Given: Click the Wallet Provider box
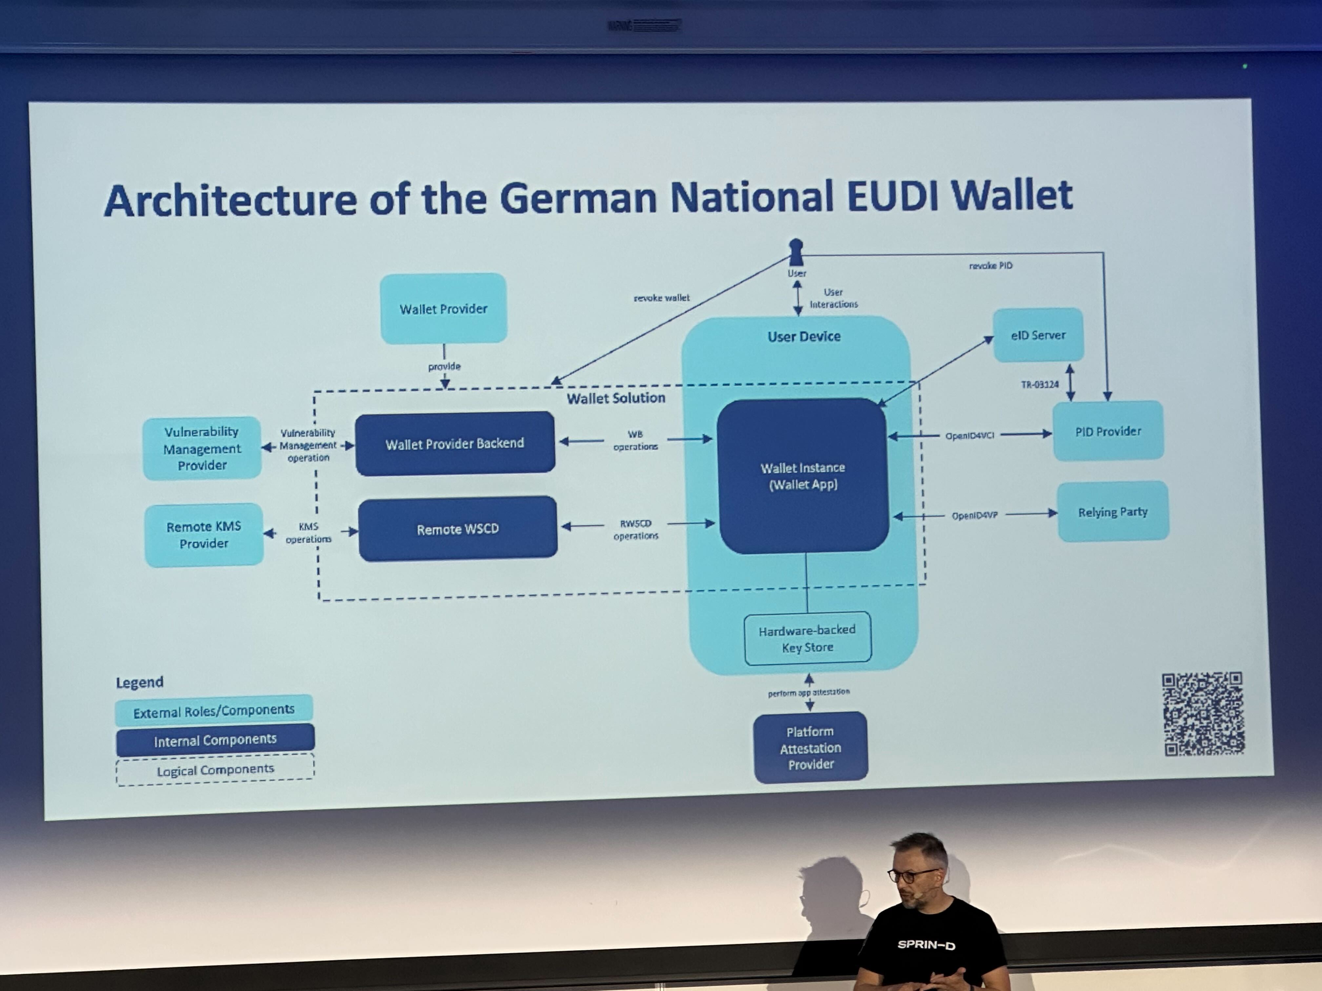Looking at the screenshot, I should coord(444,308).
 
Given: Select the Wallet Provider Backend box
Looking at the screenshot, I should coord(455,443).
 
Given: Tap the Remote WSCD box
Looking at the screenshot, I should coord(458,529).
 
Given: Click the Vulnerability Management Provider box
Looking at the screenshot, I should coord(202,448).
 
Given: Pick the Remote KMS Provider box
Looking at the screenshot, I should coord(204,534).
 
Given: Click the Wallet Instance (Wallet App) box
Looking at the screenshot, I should coord(803,476).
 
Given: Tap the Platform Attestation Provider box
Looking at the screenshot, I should coord(811,747).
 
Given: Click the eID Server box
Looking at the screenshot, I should coord(1038,335).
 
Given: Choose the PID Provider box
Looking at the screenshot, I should coord(1108,431).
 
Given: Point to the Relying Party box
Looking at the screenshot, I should coord(1113,512).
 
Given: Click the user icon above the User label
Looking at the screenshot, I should coord(796,252).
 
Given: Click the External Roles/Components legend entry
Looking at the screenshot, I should coord(214,709).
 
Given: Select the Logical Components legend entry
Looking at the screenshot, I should coord(215,769).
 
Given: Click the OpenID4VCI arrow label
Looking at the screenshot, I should coord(970,436).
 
